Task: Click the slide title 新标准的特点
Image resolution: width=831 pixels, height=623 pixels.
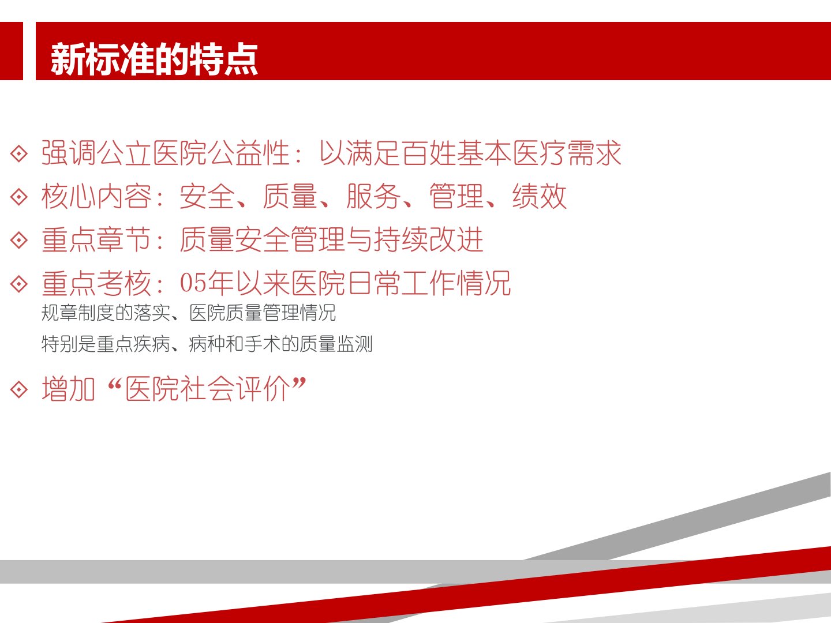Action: pos(154,59)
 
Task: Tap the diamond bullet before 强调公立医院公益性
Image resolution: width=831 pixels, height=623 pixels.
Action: pos(19,153)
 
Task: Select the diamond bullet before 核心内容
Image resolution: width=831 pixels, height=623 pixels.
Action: pos(19,197)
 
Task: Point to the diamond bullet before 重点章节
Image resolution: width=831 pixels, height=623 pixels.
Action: pos(19,240)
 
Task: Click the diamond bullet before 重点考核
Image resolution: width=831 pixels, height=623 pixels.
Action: pos(19,284)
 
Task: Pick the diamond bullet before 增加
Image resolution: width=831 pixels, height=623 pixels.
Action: pos(19,389)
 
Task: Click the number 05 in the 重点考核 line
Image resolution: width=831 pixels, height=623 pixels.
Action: pos(192,283)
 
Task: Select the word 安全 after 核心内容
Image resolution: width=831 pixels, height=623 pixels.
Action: pos(207,197)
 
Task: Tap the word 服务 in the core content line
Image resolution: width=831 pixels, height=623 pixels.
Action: pos(374,197)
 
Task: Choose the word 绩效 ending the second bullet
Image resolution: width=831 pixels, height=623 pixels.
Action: pos(540,197)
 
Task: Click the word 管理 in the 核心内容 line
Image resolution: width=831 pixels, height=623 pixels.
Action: pos(457,197)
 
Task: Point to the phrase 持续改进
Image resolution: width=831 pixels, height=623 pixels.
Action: pos(429,240)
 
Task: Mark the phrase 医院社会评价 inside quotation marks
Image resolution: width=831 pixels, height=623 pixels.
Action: pos(208,389)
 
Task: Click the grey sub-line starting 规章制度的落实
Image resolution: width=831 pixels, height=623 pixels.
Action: pos(189,313)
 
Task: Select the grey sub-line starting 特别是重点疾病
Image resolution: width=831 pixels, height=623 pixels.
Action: pos(207,344)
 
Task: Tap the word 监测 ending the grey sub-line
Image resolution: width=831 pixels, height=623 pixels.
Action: pos(355,344)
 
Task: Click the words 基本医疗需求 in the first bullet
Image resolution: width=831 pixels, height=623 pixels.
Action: pos(539,153)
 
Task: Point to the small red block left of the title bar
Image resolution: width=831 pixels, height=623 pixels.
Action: pos(12,51)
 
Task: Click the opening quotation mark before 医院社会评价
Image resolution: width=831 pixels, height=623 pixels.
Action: pos(114,384)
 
